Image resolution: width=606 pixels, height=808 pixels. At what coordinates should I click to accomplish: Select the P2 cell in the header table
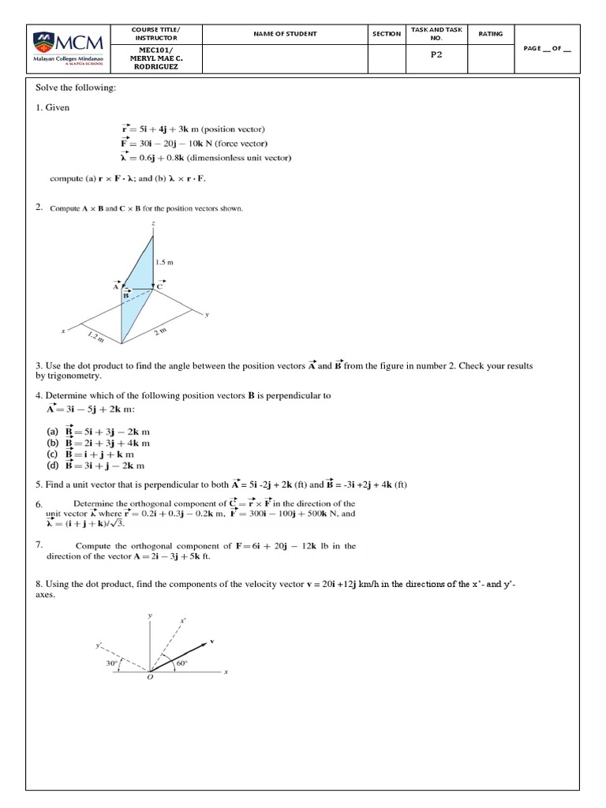(436, 56)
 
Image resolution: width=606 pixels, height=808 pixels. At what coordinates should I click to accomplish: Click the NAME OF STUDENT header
(285, 34)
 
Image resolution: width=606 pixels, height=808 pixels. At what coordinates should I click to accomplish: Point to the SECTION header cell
(387, 34)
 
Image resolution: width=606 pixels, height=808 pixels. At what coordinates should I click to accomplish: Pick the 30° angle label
(111, 664)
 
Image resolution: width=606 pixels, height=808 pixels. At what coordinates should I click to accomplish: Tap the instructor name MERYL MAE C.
(155, 57)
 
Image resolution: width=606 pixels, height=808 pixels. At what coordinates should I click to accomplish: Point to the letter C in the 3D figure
(159, 287)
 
